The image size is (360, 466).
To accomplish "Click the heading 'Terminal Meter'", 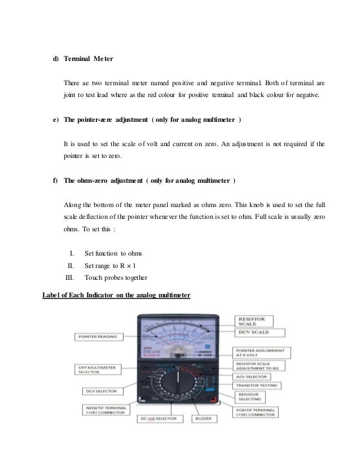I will click(x=88, y=58).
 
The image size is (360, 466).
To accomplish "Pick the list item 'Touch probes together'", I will click(x=116, y=278).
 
